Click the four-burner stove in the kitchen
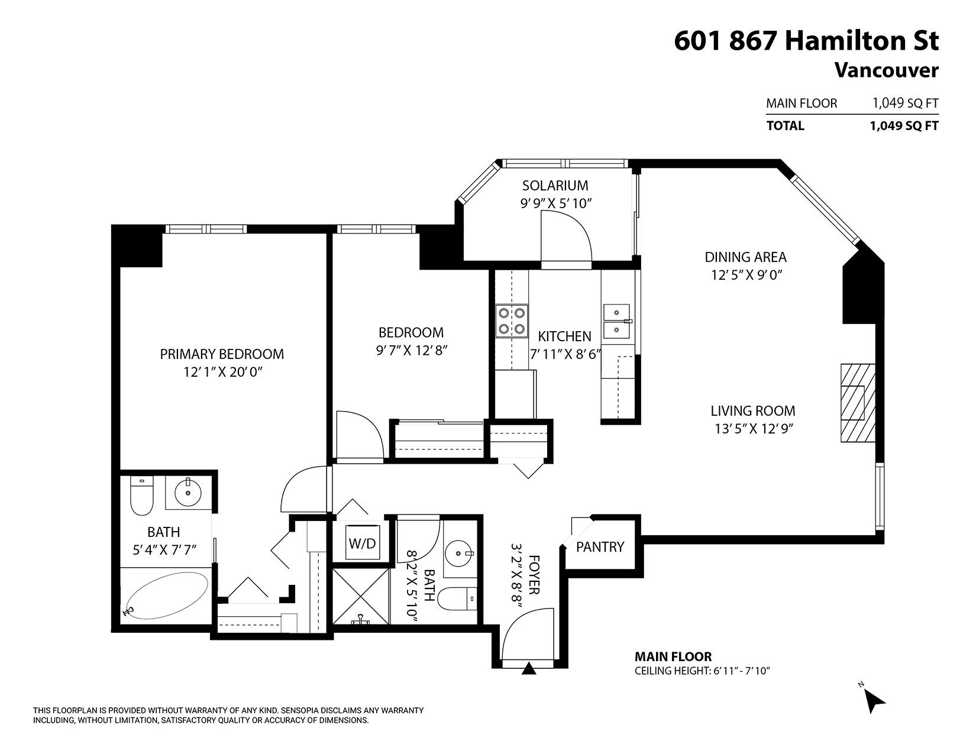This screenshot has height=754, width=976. click(512, 321)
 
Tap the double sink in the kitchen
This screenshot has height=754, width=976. click(617, 321)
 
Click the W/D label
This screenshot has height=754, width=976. click(362, 543)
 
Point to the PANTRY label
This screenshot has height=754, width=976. click(600, 547)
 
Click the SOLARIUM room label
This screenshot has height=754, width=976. click(555, 186)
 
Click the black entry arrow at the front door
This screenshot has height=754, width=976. click(529, 668)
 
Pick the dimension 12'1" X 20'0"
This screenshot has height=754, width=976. click(222, 373)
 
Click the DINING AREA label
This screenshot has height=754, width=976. click(745, 257)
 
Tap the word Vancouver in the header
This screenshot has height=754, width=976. click(885, 70)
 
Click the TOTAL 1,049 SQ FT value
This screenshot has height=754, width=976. click(903, 125)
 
